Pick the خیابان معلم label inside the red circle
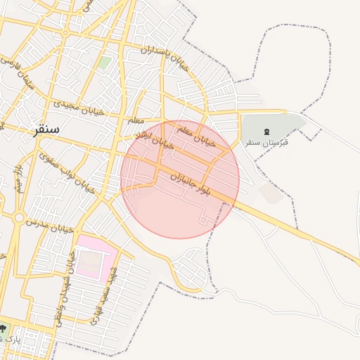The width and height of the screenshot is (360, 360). [194, 132]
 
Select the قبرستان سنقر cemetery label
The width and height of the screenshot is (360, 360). [266, 142]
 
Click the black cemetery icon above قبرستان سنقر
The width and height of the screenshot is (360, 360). [266, 131]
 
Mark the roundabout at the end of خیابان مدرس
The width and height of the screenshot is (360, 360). [19, 218]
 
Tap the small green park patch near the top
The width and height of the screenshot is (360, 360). [104, 63]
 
